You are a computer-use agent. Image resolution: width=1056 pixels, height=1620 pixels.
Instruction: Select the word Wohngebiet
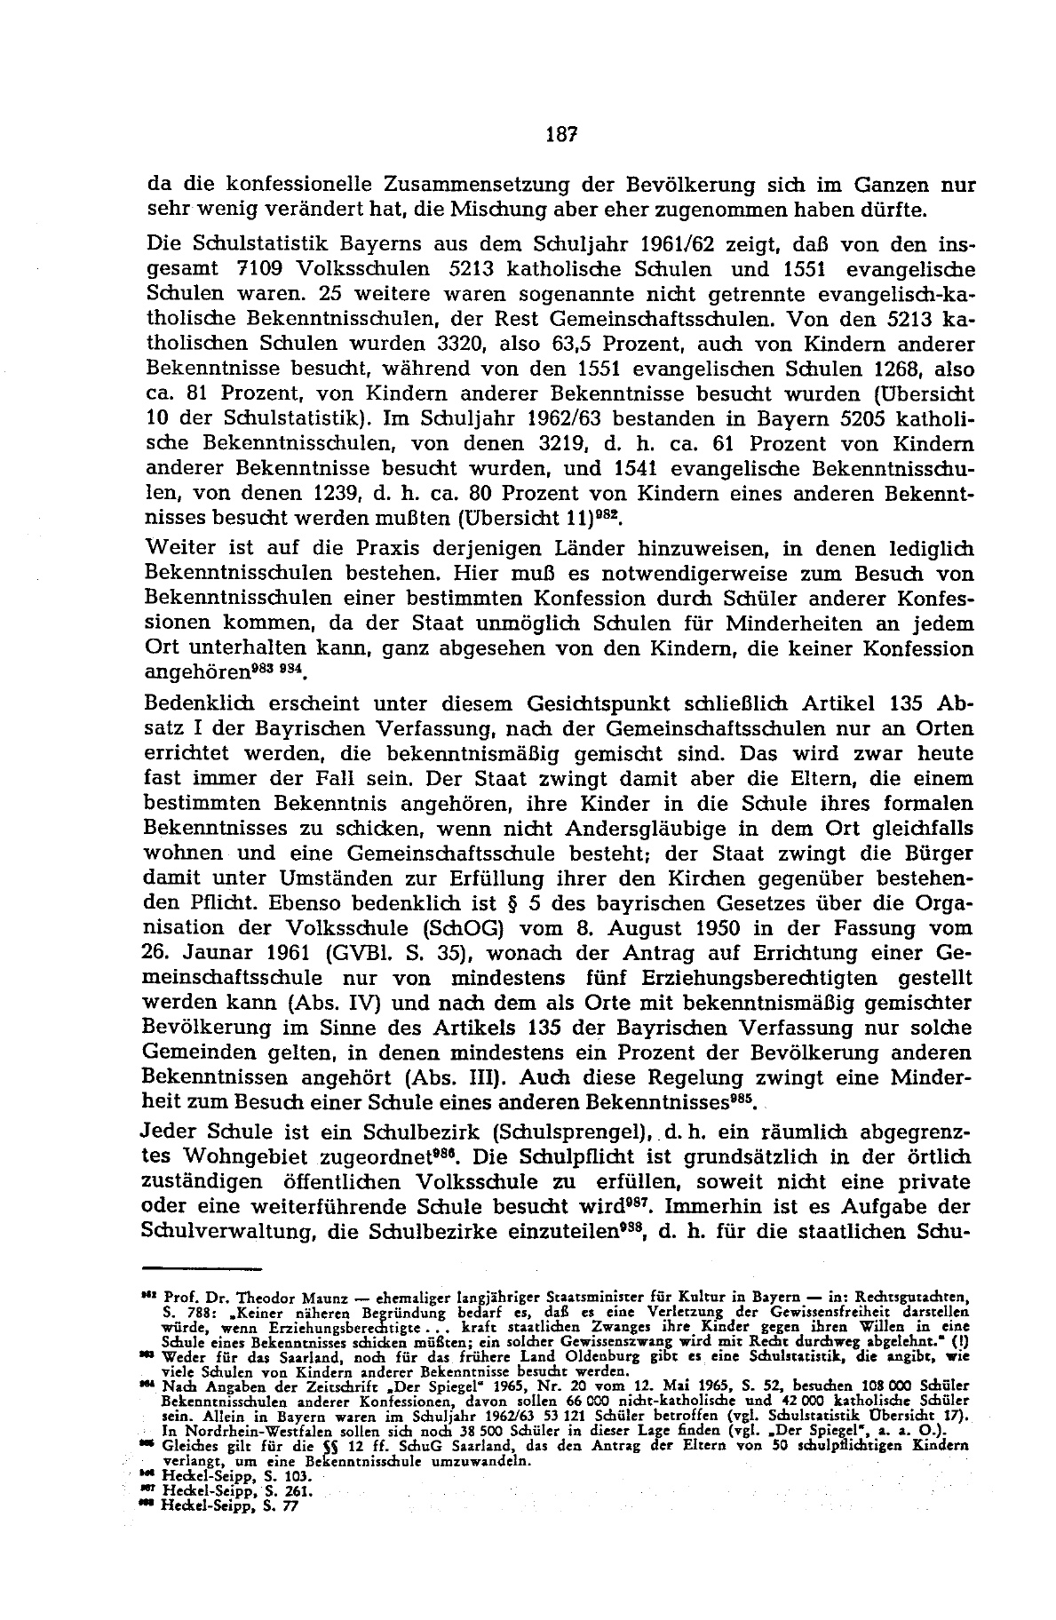point(290,1158)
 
